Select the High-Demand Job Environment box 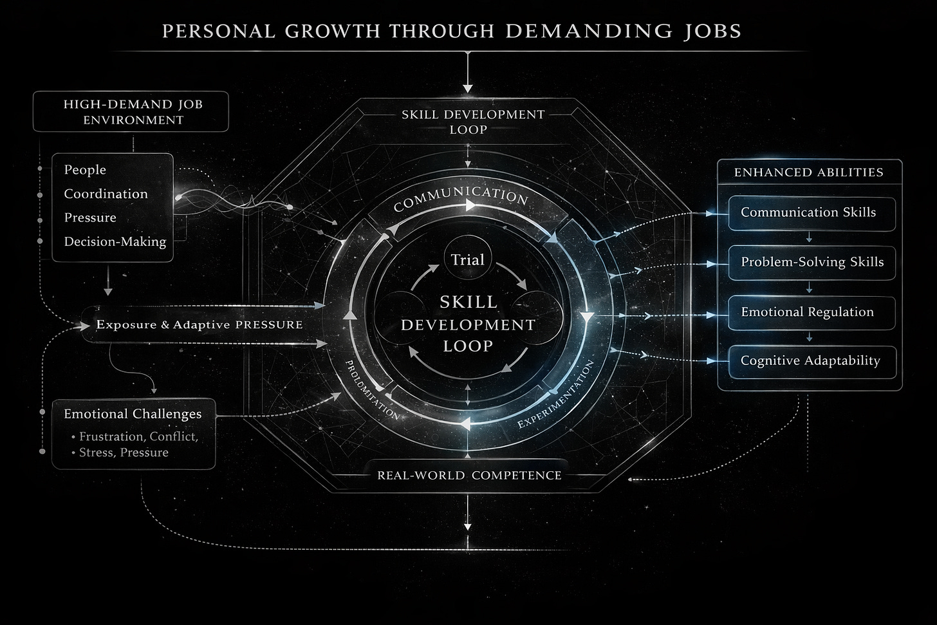133,111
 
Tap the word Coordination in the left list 106,194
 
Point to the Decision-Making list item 115,242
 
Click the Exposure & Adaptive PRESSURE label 199,324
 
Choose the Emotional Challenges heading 133,414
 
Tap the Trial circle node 467,260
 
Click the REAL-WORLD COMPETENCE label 469,475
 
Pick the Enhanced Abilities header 809,172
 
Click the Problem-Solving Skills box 812,262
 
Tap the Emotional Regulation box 808,312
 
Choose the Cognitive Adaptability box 810,360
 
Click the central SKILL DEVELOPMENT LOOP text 468,324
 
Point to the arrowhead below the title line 468,88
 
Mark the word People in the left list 85,170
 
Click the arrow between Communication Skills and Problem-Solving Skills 809,238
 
